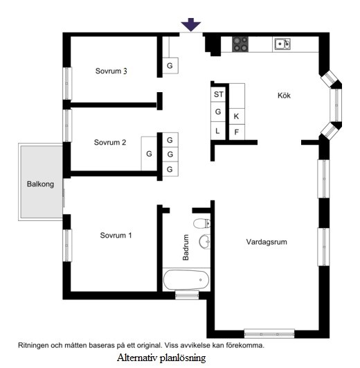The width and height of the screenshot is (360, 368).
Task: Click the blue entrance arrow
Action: coord(191,24)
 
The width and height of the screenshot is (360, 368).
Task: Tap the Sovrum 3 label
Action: coord(111,71)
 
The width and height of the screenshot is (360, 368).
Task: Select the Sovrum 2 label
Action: coord(110,142)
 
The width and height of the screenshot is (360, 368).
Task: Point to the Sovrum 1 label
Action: coord(116,235)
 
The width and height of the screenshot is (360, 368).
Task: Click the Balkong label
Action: coord(40,184)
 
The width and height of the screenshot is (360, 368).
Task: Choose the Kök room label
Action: coord(284,95)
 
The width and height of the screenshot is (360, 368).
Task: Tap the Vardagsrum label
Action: coord(267,242)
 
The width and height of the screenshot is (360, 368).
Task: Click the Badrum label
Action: coord(186,247)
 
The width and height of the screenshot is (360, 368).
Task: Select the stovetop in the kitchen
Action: coord(240,44)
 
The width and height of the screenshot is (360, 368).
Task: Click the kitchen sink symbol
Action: coord(282,44)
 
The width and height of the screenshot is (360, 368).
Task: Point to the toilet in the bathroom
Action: coord(201,223)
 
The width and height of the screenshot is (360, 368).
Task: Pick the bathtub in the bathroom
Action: coord(186,279)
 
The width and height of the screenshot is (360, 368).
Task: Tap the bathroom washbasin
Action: coord(205,241)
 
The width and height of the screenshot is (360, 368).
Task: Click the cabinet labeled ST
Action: coord(218,94)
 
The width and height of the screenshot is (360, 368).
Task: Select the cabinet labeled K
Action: coord(237,116)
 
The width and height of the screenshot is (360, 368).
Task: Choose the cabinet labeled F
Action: coord(237,132)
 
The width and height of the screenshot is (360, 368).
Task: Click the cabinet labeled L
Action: coord(218,131)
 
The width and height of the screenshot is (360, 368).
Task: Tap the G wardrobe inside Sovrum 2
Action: coord(149,154)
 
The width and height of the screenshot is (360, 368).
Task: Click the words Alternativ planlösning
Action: coord(161,358)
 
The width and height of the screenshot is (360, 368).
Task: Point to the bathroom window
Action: coord(187,295)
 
